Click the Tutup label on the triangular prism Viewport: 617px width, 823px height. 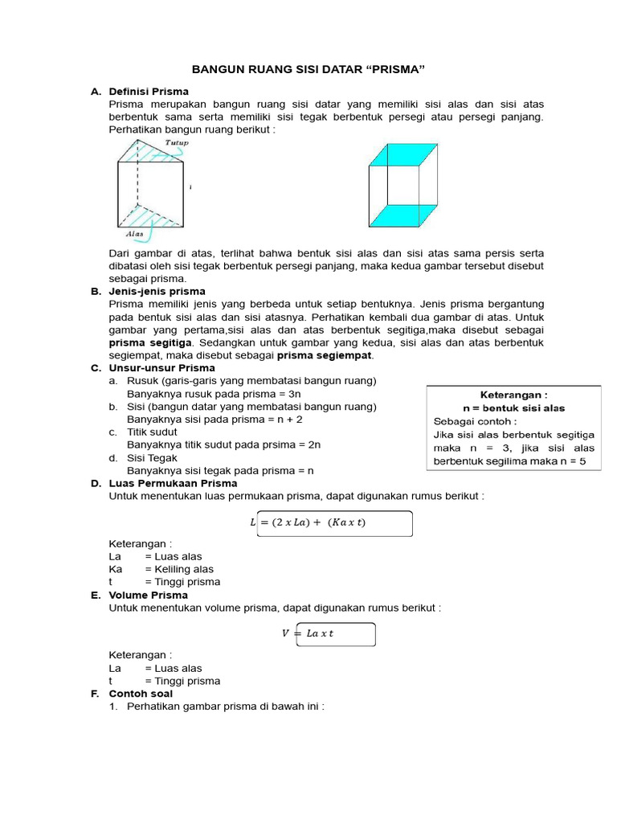pyautogui.click(x=176, y=143)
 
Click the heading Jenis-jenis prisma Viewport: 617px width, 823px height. pyautogui.click(x=157, y=291)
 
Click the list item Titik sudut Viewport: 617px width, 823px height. pyautogui.click(x=153, y=432)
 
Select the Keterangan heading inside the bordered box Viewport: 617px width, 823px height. pyautogui.click(x=513, y=395)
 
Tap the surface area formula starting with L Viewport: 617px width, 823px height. pyautogui.click(x=308, y=523)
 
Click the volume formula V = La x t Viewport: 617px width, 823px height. pyautogui.click(x=307, y=633)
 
